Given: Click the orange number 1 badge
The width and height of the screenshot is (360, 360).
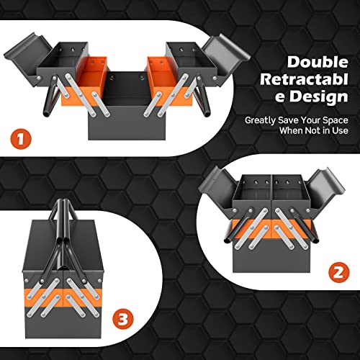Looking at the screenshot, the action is pyautogui.click(x=21, y=139).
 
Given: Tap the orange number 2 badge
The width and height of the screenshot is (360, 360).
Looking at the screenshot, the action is pyautogui.click(x=338, y=271).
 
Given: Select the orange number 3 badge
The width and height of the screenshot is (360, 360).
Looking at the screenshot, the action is pyautogui.click(x=123, y=319).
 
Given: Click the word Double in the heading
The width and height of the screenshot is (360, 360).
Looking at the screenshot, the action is pyautogui.click(x=318, y=62).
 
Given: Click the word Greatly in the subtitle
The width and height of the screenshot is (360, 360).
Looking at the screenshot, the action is pyautogui.click(x=261, y=120).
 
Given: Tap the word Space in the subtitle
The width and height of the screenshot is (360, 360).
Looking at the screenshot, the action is pyautogui.click(x=336, y=120).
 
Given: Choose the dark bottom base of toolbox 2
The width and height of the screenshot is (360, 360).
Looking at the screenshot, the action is pyautogui.click(x=271, y=256).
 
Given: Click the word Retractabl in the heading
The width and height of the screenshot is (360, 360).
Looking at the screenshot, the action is pyautogui.click(x=304, y=79).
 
